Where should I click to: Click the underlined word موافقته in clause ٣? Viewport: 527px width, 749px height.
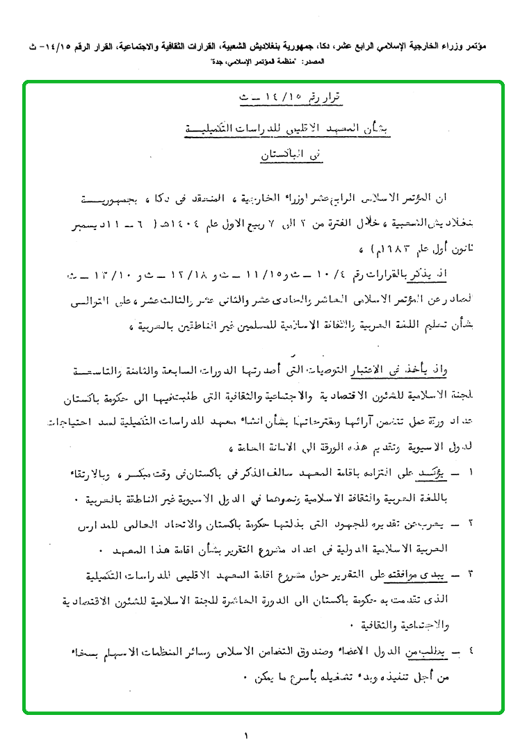pyautogui.click(x=397, y=575)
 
